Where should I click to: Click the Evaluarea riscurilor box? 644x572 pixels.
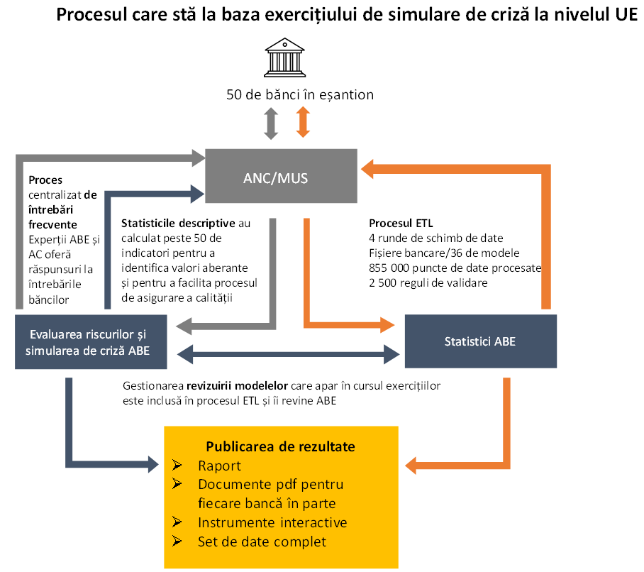[91, 341]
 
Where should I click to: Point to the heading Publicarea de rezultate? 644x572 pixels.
[280, 446]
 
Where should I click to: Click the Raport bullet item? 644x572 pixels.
[220, 466]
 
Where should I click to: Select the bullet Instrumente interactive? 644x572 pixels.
[272, 523]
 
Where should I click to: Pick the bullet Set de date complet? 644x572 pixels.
[262, 542]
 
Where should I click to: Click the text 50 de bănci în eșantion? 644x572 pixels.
[299, 94]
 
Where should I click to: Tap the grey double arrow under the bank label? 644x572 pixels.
[270, 123]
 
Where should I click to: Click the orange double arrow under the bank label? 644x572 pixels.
[303, 122]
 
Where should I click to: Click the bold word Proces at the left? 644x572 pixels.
[45, 180]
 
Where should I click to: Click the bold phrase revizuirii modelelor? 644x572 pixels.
[238, 387]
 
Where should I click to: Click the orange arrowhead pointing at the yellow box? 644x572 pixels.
[413, 466]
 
